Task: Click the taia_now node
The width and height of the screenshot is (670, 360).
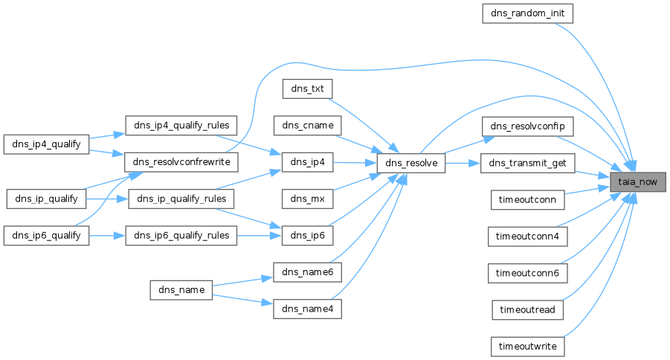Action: click(637, 181)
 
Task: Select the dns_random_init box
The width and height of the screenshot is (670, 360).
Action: click(529, 13)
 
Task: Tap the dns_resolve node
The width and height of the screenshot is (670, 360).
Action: click(410, 162)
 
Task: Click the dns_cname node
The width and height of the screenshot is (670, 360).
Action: click(308, 125)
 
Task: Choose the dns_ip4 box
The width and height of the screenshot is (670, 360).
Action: click(308, 161)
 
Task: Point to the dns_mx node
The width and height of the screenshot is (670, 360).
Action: click(308, 199)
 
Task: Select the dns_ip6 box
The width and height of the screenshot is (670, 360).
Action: click(308, 235)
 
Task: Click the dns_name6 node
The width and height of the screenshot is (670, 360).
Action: click(308, 272)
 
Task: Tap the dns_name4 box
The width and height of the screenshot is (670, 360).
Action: click(308, 309)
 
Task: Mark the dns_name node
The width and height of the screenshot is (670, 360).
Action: click(181, 290)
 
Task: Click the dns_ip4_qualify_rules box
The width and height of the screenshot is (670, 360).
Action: click(181, 125)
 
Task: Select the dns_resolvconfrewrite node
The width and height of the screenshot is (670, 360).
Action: click(181, 161)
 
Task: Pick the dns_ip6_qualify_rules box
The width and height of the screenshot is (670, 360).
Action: click(181, 235)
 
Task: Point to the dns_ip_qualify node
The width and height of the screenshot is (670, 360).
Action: click(46, 199)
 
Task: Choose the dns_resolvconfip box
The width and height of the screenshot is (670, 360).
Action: click(529, 125)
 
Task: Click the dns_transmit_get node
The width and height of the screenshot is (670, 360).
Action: click(529, 162)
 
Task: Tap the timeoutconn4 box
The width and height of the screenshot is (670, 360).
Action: click(529, 236)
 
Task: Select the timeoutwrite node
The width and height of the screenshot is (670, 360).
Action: click(529, 346)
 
